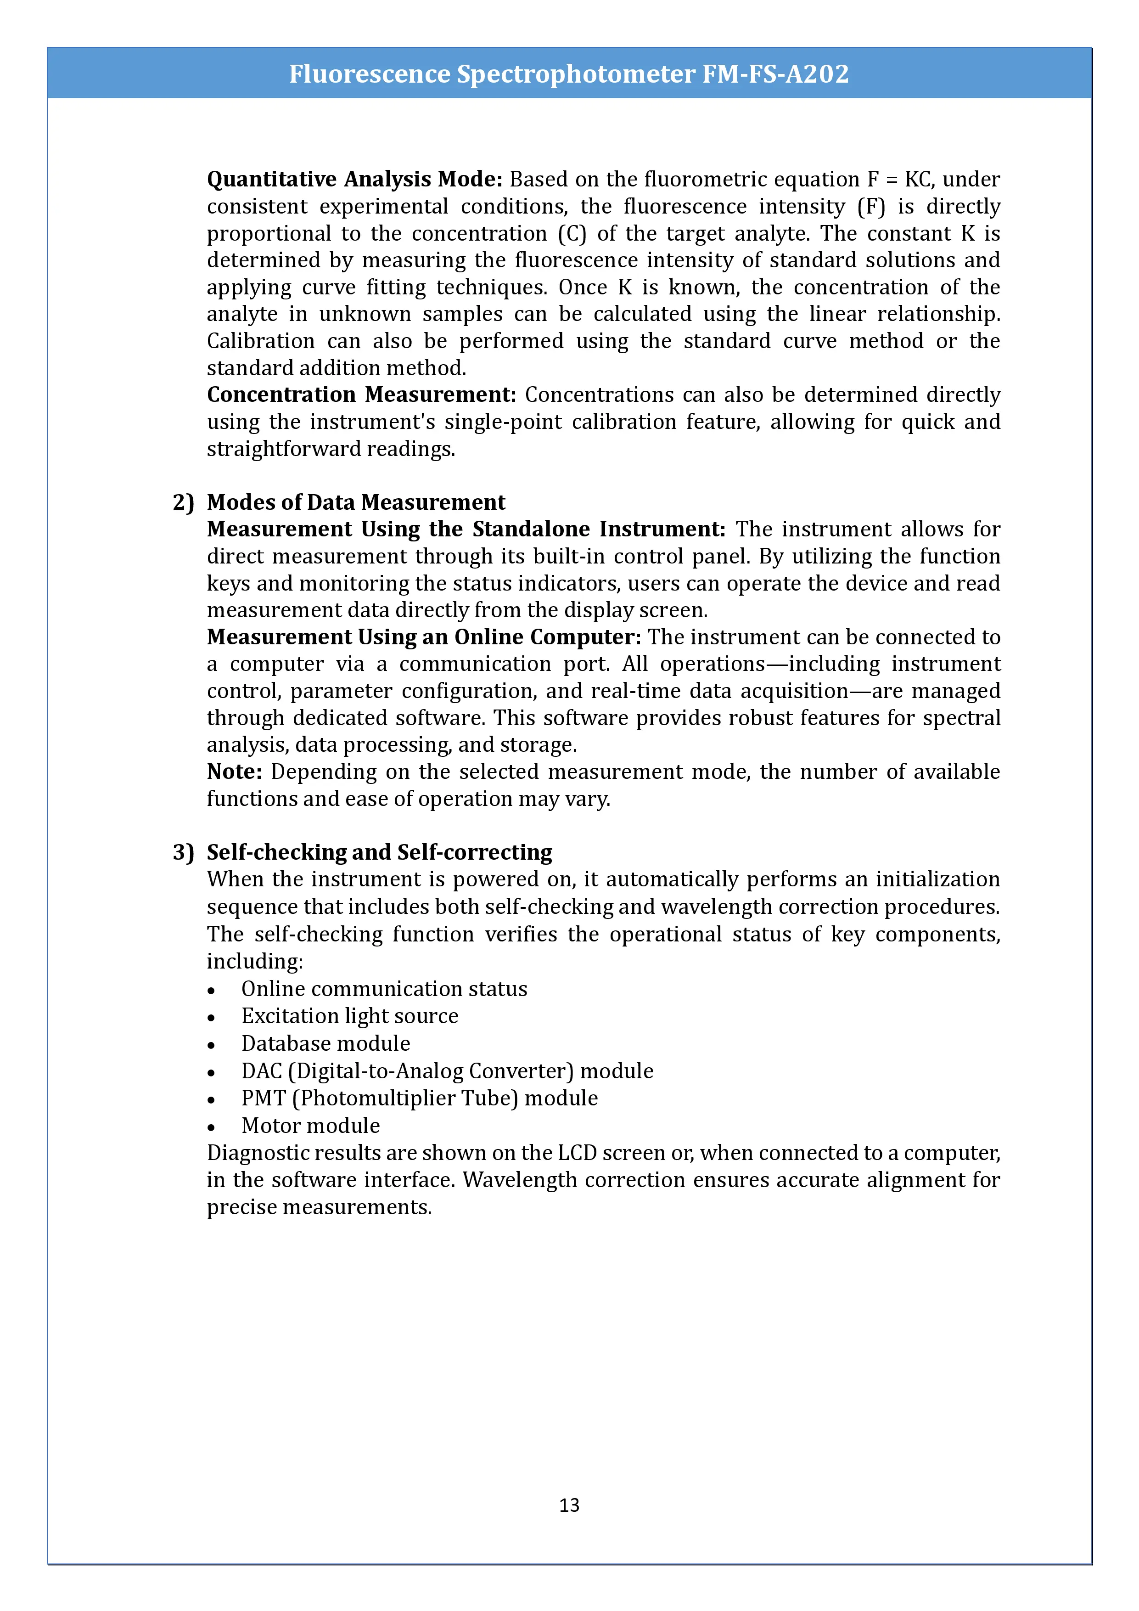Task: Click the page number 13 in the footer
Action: coord(569,1504)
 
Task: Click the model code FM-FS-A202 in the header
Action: coord(776,73)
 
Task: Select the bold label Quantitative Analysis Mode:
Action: coord(354,180)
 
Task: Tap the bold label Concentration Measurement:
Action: coord(361,395)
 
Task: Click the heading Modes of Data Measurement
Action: coord(356,502)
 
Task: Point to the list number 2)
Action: coord(183,502)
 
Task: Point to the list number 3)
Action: coord(183,852)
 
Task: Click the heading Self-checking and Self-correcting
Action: coord(379,852)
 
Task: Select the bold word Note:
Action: coord(234,772)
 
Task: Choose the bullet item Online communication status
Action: coord(384,989)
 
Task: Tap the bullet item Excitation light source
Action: coord(349,1017)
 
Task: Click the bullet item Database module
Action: coord(325,1044)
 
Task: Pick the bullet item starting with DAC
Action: coord(447,1071)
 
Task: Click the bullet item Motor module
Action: coord(310,1126)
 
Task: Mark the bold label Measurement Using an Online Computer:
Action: coord(424,637)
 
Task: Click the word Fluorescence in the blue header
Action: coord(370,73)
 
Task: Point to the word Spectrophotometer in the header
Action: coord(576,73)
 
